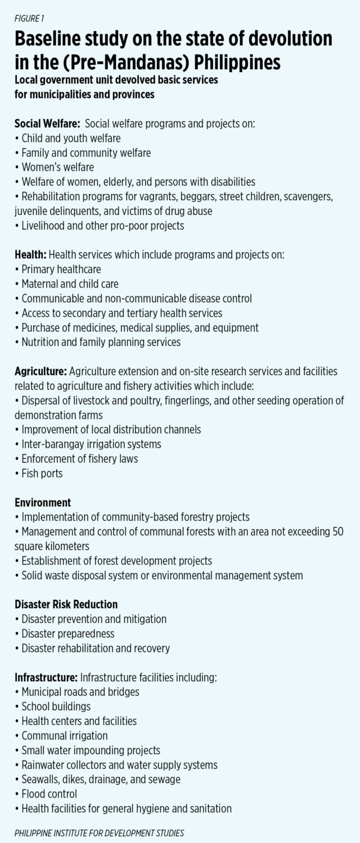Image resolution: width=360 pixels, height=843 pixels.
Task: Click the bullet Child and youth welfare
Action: point(68,138)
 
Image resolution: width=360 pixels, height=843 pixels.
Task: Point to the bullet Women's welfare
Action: point(55,167)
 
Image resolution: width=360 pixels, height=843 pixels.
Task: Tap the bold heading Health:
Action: point(30,255)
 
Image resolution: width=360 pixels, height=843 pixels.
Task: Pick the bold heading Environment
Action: point(43,503)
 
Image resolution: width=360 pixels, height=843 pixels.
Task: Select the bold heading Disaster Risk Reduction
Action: point(66,605)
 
